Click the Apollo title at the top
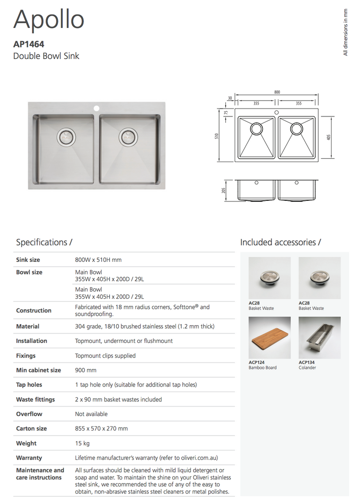(49, 20)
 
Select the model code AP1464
(29, 44)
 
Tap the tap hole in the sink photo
(97, 107)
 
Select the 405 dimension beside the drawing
(328, 137)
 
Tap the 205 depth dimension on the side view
(224, 191)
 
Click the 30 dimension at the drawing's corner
(230, 98)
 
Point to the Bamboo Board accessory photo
(270, 338)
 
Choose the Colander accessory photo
(319, 338)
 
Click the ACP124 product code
(257, 363)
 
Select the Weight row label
(26, 443)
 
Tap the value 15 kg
(82, 443)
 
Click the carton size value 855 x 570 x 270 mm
(101, 428)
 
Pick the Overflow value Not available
(91, 414)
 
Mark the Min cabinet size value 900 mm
(85, 370)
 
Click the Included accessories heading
(280, 242)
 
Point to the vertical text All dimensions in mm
(346, 32)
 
